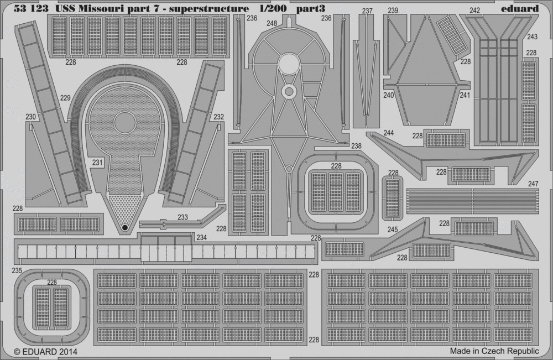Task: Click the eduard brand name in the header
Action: pos(519,8)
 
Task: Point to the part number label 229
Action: pos(65,98)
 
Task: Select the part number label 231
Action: pos(97,163)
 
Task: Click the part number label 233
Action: pos(182,217)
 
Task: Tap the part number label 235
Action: pos(17,270)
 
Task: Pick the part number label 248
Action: pos(272,23)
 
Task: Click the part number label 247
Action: pos(533,184)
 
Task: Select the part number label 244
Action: pos(388,133)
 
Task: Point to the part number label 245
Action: pos(393,229)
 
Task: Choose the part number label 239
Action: pos(393,11)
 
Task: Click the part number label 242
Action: pos(474,11)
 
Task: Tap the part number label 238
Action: pos(356,145)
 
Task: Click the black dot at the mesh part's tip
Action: pos(124,228)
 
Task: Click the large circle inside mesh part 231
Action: pos(125,123)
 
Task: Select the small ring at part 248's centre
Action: pos(289,92)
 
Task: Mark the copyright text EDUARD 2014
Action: pos(45,352)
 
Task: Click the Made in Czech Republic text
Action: pos(494,351)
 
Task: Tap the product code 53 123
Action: pos(31,8)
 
